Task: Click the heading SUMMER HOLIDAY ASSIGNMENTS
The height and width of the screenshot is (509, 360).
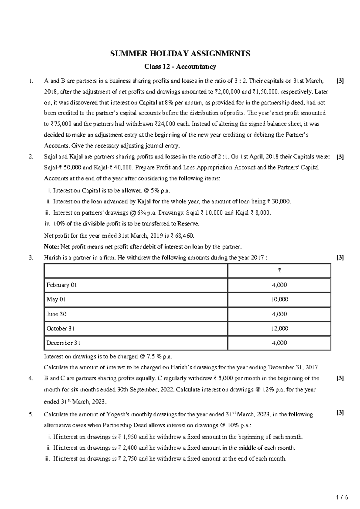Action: [x=180, y=54]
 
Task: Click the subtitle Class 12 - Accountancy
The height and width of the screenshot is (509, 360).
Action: [x=180, y=67]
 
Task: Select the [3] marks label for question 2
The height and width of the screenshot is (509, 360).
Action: [x=340, y=156]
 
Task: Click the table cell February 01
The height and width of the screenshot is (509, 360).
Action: [x=61, y=285]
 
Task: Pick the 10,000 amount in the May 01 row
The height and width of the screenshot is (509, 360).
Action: [x=279, y=299]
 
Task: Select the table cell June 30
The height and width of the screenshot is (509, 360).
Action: [x=56, y=314]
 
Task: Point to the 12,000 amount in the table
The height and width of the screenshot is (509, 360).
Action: [x=279, y=329]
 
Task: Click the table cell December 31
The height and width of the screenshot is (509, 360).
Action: [x=63, y=343]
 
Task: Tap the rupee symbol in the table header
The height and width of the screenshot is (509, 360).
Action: [x=279, y=271]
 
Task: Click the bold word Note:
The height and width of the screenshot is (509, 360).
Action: [x=51, y=247]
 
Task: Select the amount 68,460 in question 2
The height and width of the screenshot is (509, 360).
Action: [x=182, y=236]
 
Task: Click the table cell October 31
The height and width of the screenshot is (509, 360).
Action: [x=61, y=329]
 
